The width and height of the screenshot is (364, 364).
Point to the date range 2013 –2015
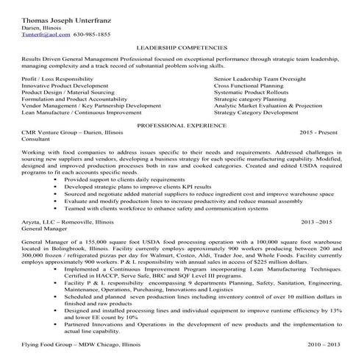pos(317,221)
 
